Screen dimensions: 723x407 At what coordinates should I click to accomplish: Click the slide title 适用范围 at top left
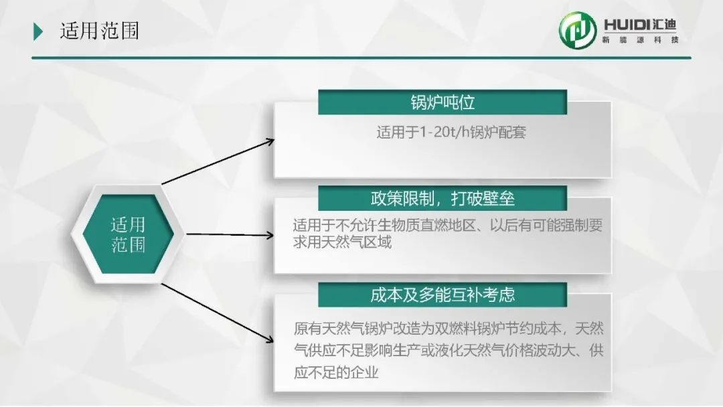(x=99, y=31)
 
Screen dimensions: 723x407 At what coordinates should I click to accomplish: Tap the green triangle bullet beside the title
(x=37, y=32)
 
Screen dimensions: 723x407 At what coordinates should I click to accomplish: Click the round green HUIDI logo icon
(x=577, y=30)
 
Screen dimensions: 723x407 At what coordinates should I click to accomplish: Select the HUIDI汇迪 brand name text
(x=640, y=24)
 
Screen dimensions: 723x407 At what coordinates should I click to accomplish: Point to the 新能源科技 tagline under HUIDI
(x=640, y=40)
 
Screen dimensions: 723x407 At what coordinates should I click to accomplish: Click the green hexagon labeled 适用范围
(x=128, y=234)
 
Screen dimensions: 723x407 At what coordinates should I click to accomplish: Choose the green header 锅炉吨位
(x=443, y=102)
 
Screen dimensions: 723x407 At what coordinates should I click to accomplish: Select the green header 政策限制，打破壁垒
(x=443, y=199)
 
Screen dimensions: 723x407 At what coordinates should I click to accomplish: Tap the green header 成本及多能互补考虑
(x=443, y=295)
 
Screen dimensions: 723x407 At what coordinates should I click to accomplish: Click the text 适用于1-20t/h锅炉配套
(x=451, y=133)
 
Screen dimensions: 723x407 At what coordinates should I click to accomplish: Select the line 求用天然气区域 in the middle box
(x=342, y=242)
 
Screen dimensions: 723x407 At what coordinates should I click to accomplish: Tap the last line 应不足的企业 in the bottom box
(x=336, y=372)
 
